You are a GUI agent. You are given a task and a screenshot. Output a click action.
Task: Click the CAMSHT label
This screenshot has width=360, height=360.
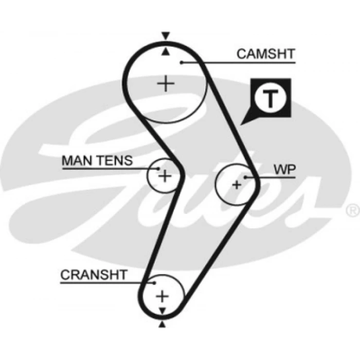265,53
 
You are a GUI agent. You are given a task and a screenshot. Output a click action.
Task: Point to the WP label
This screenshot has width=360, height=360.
284,169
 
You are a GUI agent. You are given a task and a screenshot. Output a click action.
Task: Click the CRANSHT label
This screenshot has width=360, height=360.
94,275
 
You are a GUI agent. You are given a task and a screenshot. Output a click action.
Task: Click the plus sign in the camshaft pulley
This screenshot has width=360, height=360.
166,83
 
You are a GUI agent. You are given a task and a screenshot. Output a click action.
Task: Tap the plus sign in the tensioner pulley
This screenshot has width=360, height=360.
164,176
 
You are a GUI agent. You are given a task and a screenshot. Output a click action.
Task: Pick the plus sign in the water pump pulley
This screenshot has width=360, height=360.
237,185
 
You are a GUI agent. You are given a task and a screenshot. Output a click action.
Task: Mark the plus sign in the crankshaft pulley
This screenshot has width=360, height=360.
162,296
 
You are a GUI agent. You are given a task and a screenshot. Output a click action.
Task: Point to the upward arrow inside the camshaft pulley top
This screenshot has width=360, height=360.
165,51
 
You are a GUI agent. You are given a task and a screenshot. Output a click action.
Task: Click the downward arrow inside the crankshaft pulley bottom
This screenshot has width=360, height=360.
162,312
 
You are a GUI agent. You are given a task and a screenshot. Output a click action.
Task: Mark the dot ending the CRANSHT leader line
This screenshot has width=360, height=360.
152,282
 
